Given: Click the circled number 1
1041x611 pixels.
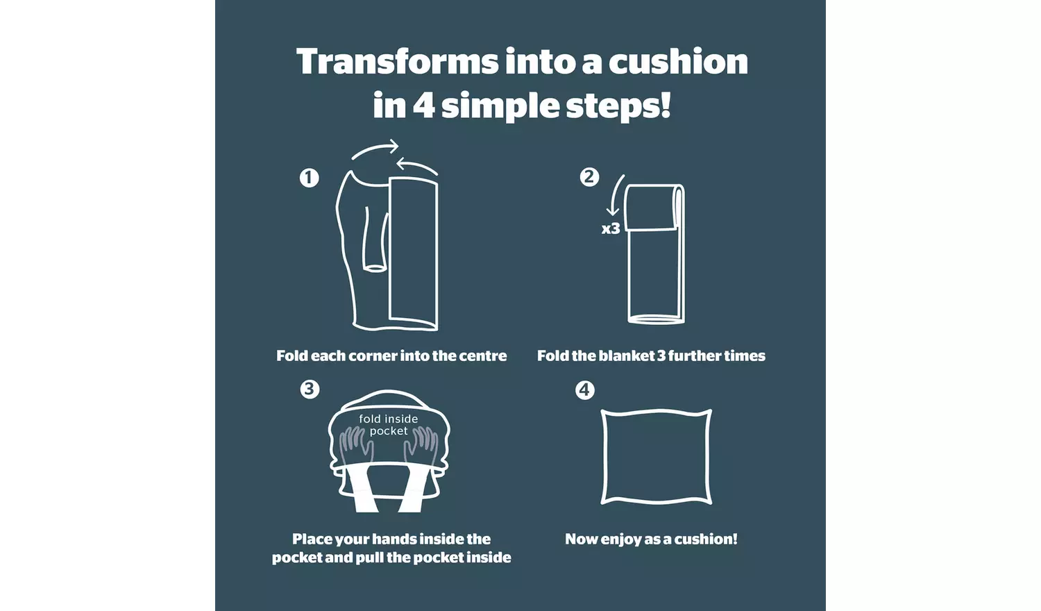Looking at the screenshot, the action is tap(309, 178).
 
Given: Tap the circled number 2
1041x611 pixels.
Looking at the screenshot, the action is tap(589, 176).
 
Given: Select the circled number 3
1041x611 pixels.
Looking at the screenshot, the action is tap(310, 389).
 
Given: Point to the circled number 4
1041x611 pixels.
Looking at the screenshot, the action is tap(584, 390).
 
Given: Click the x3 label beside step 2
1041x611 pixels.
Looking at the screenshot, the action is tap(611, 228).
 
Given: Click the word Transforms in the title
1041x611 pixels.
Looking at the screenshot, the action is tap(398, 61).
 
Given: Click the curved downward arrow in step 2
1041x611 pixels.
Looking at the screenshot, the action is tap(614, 195).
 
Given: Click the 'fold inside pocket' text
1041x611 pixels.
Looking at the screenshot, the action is tap(389, 425).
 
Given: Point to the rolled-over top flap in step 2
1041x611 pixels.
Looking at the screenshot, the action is tap(651, 208).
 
